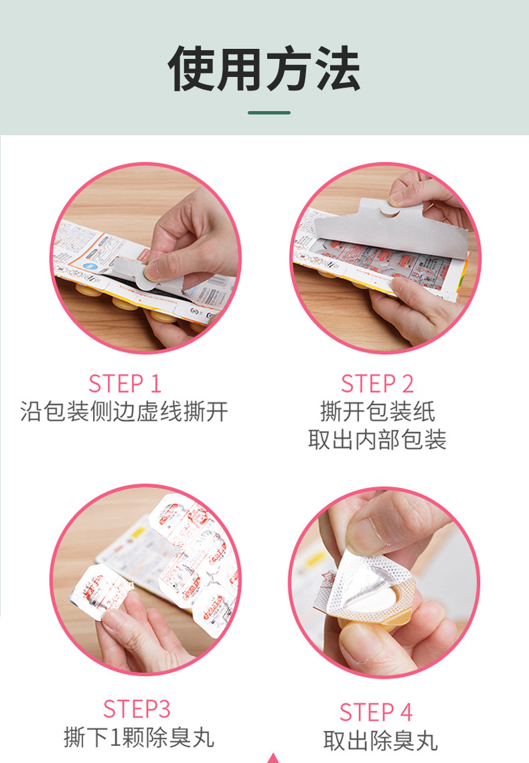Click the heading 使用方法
tap(264, 70)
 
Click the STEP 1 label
tap(125, 384)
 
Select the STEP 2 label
tap(377, 384)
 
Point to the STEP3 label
tap(137, 708)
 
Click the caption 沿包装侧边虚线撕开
tap(125, 411)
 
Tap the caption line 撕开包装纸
tap(377, 411)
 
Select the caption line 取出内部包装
tap(377, 439)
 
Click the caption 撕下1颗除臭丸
tap(139, 737)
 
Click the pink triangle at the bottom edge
tap(273, 758)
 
